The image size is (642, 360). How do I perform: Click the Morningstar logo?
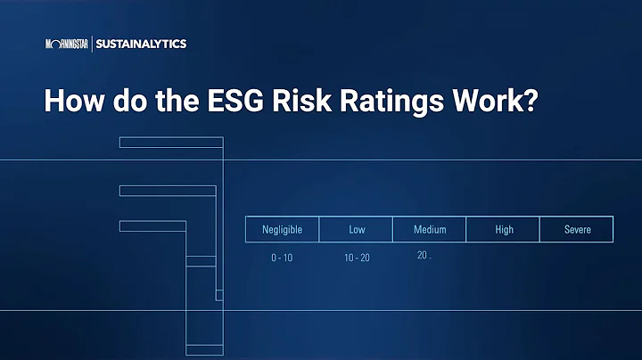pyautogui.click(x=67, y=43)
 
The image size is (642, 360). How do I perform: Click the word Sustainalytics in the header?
pyautogui.click(x=141, y=43)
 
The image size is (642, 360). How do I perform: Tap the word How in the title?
pyautogui.click(x=71, y=100)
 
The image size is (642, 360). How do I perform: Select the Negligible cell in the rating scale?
pyautogui.click(x=282, y=230)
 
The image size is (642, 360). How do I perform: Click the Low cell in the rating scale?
pyautogui.click(x=357, y=230)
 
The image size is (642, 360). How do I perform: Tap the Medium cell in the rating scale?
pyautogui.click(x=430, y=230)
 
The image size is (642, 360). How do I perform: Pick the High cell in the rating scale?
pyautogui.click(x=504, y=230)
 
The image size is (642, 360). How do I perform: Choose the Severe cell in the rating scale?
pyautogui.click(x=577, y=230)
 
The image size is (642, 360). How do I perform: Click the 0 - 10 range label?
pyautogui.click(x=282, y=258)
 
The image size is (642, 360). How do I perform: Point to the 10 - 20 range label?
pyautogui.click(x=357, y=258)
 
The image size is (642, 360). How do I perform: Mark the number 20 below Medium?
pyautogui.click(x=421, y=255)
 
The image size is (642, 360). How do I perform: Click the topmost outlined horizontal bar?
pyautogui.click(x=170, y=143)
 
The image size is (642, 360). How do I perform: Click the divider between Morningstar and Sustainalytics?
pyautogui.click(x=91, y=43)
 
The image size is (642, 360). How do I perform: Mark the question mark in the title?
pyautogui.click(x=529, y=100)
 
